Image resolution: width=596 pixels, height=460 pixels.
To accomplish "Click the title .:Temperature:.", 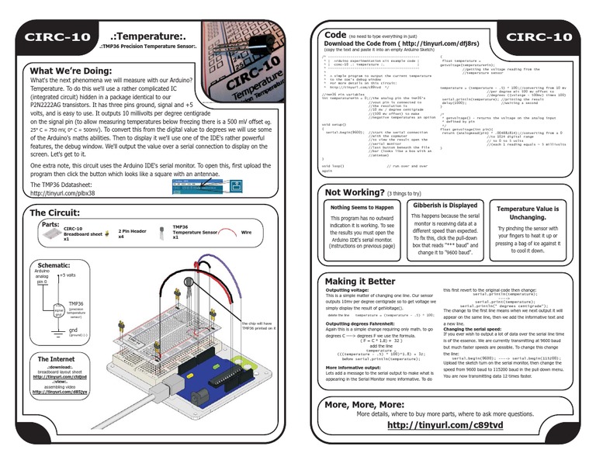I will [x=148, y=36].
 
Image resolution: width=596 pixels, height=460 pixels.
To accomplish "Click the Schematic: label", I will [x=54, y=265].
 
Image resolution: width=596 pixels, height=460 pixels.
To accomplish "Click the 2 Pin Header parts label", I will [x=134, y=232].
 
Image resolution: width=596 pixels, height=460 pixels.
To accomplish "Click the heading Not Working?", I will [x=355, y=192].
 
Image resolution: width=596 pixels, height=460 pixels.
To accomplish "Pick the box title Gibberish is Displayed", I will [x=444, y=205].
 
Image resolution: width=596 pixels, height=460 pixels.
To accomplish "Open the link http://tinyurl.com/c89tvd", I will [x=444, y=425].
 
